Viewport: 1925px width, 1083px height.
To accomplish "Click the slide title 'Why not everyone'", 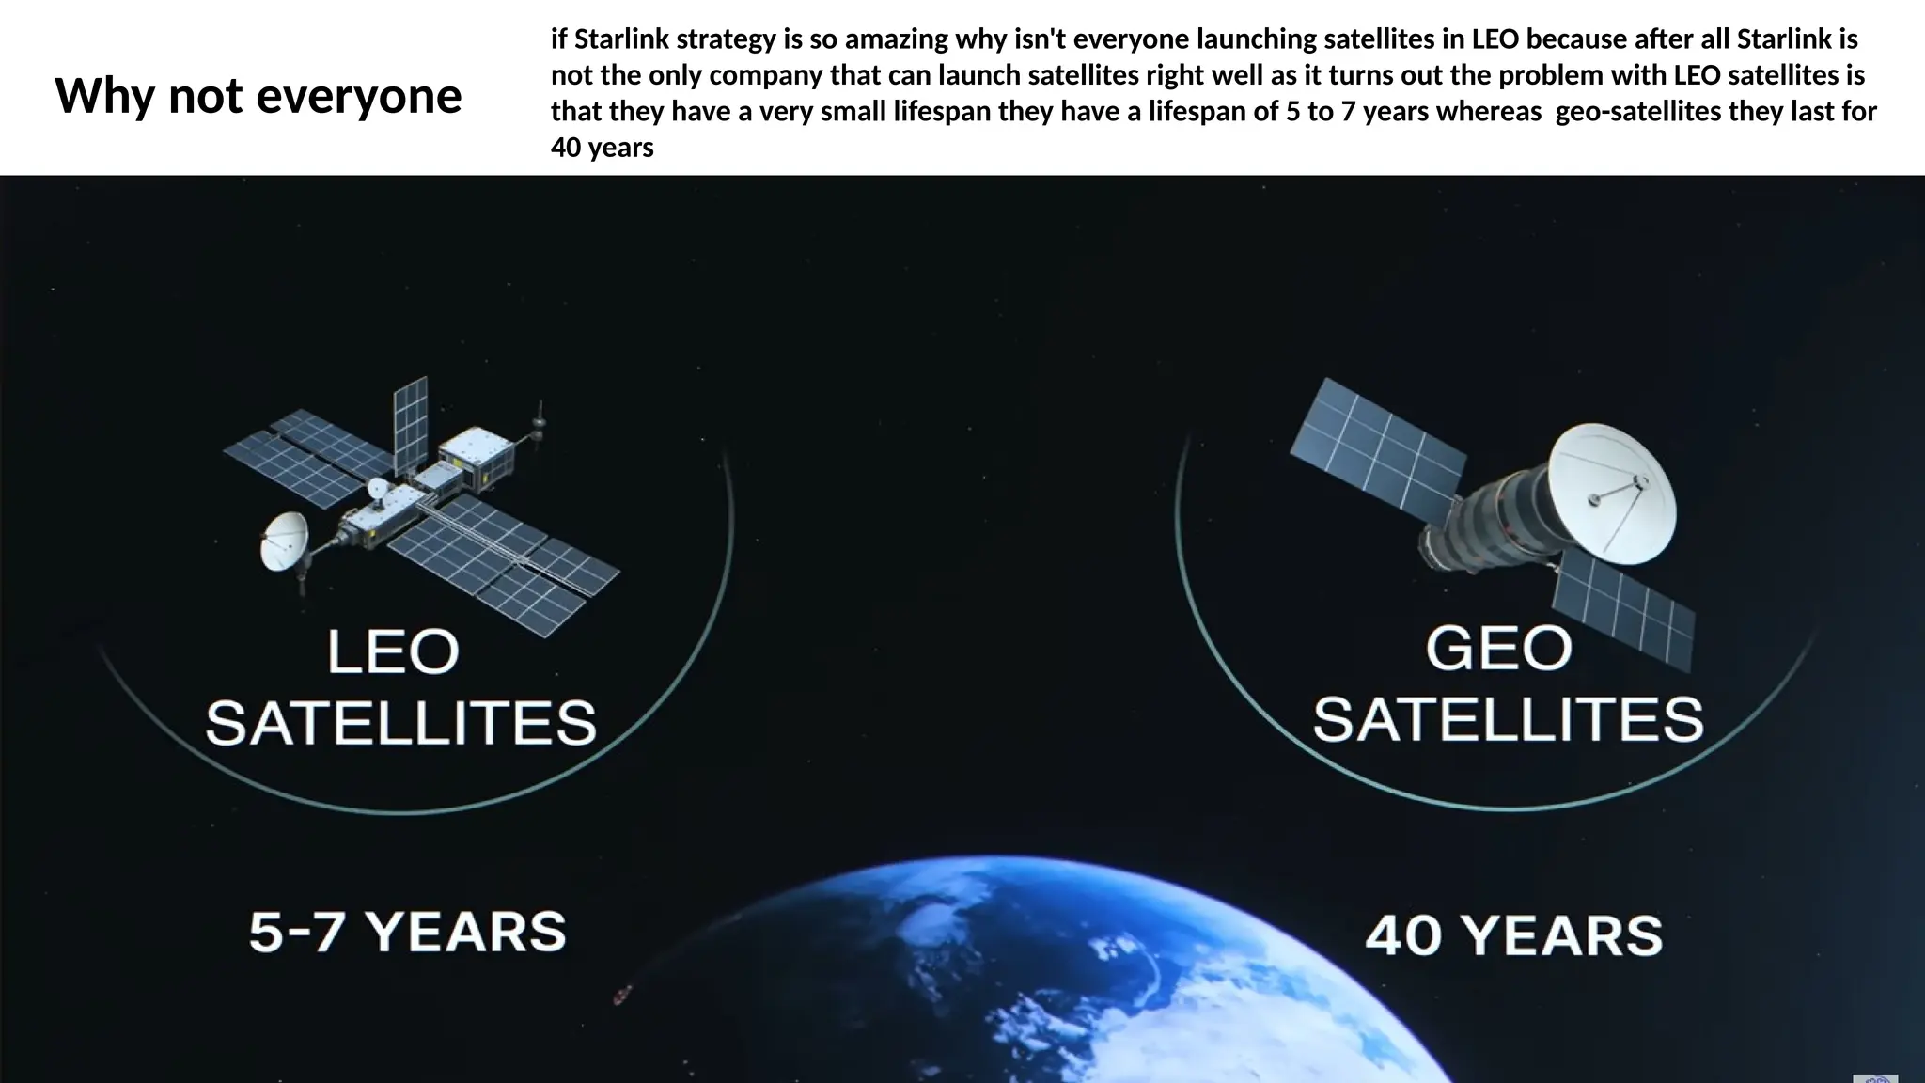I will point(258,96).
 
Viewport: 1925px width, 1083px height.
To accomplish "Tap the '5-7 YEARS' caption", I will point(408,932).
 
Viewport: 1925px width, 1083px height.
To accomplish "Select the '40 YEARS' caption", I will point(1513,935).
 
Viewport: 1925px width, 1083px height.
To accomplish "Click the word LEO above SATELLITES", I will point(393,651).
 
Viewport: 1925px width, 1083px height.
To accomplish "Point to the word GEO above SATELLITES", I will point(1498,649).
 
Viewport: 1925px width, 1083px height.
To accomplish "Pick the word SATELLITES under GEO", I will point(1508,719).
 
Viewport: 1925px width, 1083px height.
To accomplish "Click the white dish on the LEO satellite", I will point(283,541).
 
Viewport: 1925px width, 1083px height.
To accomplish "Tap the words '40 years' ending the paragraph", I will point(602,148).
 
